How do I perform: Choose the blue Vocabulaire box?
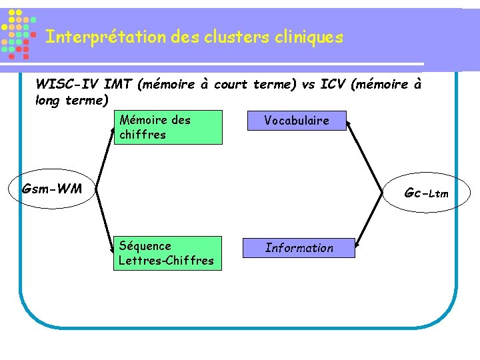click(297, 121)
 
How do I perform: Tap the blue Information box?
click(299, 248)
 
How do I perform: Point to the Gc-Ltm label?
click(426, 193)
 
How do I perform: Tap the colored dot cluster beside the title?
click(19, 33)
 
